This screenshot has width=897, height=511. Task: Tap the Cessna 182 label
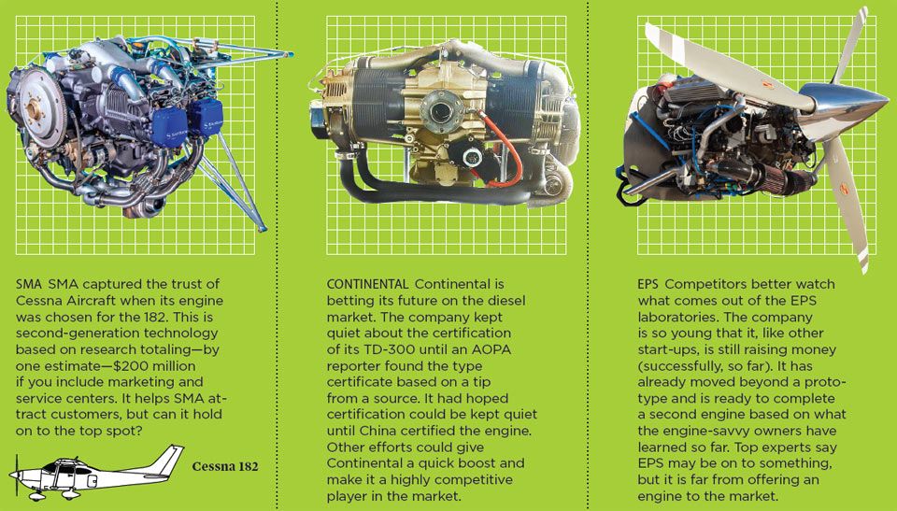(225, 466)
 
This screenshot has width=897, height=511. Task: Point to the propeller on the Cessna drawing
(17, 476)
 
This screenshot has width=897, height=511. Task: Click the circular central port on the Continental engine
(439, 110)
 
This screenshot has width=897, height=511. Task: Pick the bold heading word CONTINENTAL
(367, 284)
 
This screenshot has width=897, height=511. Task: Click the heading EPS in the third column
(648, 284)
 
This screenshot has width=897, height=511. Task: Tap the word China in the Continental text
(378, 431)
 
